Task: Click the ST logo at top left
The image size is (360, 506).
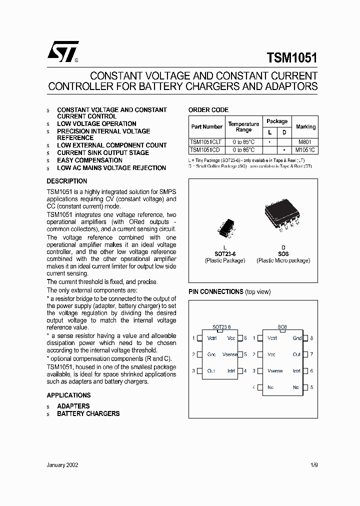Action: point(62,52)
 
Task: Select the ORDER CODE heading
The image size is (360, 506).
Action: point(208,110)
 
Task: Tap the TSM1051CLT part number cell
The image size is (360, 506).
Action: point(206,142)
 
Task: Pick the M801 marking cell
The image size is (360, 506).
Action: point(305,142)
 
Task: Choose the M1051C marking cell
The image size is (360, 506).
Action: point(305,150)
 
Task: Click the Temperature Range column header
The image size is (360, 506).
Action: point(243,127)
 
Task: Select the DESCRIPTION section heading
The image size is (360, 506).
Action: point(67,181)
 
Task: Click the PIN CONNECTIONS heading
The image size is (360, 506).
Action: point(215,291)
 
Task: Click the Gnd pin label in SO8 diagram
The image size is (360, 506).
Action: point(297,338)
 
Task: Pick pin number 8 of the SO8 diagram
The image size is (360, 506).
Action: point(311,338)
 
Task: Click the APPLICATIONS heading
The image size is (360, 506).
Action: point(68,395)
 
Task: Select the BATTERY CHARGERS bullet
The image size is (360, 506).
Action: point(88,413)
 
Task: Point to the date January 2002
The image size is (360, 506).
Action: point(62,464)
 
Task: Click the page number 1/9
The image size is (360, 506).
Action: point(313,464)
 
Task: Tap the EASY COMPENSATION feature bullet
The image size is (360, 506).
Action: point(89,160)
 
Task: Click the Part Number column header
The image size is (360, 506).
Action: point(206,127)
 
